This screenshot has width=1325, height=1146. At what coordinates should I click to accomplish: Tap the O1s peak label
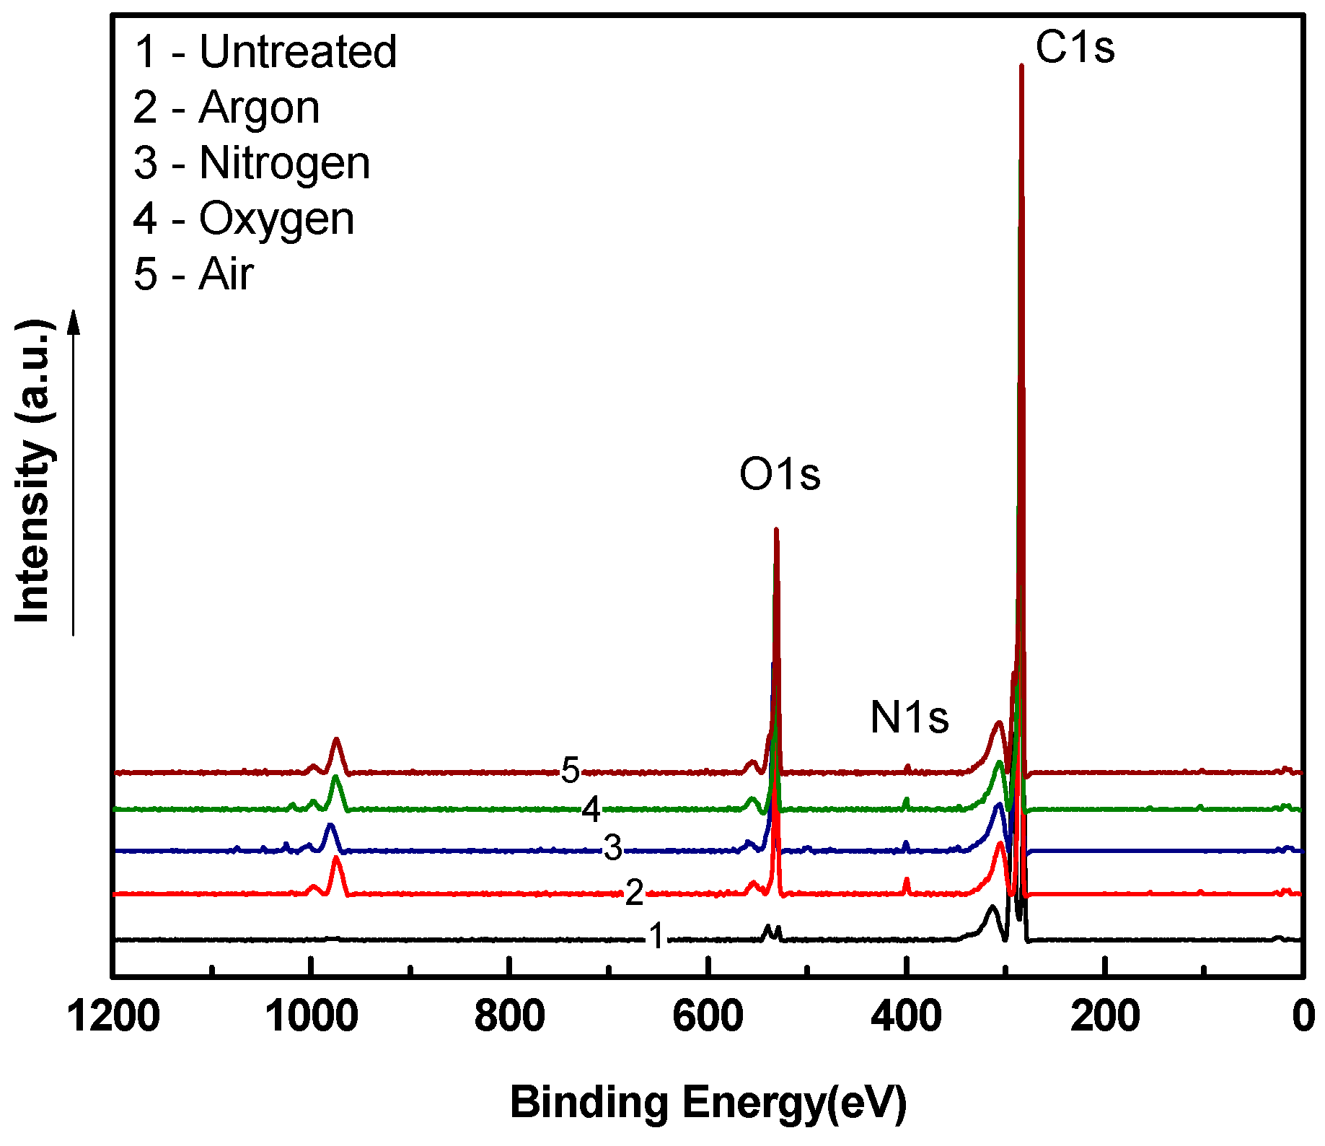point(780,475)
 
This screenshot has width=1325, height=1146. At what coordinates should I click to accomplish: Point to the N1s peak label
point(909,717)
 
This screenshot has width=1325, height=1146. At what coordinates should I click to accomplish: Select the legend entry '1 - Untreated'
point(265,52)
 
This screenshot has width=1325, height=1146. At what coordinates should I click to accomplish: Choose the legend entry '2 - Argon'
point(226,108)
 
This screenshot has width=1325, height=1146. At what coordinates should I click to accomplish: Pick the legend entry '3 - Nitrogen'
point(252,163)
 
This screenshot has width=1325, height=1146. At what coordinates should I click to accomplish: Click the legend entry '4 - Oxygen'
point(244,219)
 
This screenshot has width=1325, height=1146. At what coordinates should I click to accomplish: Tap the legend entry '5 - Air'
point(193,274)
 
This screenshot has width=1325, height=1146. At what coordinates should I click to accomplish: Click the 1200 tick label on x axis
point(113,1018)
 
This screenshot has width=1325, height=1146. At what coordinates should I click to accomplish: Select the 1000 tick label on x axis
point(311,1018)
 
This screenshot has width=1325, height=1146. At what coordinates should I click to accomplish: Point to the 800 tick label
point(509,1018)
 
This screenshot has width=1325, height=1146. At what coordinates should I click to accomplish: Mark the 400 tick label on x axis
point(906,1018)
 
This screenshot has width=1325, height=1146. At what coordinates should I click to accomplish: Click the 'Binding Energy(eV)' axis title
point(708,1102)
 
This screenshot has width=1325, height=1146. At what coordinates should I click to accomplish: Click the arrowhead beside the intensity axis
point(73,321)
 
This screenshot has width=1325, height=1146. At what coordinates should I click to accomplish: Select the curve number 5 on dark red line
point(570,771)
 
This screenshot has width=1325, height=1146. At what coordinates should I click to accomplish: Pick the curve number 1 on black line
point(656,937)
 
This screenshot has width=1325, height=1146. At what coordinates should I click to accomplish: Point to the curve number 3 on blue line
point(612,848)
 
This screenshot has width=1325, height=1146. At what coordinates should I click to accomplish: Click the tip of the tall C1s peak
point(1021,66)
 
